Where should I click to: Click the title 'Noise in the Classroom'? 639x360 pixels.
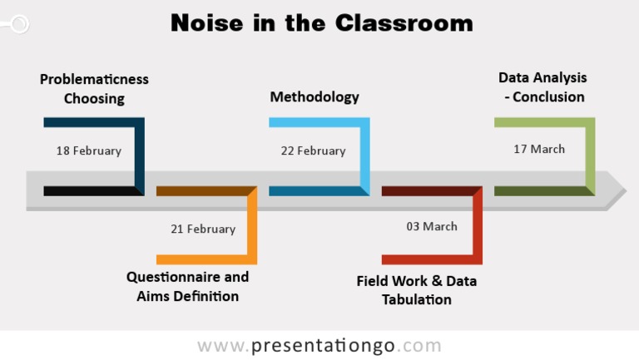(x=321, y=22)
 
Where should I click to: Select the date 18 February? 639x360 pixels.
(x=89, y=150)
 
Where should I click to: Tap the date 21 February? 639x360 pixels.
(x=203, y=229)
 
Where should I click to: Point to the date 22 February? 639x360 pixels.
(x=313, y=150)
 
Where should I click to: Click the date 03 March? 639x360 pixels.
(x=432, y=226)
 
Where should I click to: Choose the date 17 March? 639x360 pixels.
(x=539, y=149)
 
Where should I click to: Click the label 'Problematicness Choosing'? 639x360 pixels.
(x=94, y=89)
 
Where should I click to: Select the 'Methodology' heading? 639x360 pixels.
(x=315, y=96)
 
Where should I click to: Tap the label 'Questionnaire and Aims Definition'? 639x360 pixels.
(x=187, y=287)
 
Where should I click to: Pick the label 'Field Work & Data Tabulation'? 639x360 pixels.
(x=417, y=290)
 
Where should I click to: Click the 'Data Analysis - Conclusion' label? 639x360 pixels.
(x=542, y=87)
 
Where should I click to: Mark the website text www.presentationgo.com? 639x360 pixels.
(x=319, y=346)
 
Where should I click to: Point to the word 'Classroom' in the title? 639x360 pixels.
(x=404, y=22)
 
